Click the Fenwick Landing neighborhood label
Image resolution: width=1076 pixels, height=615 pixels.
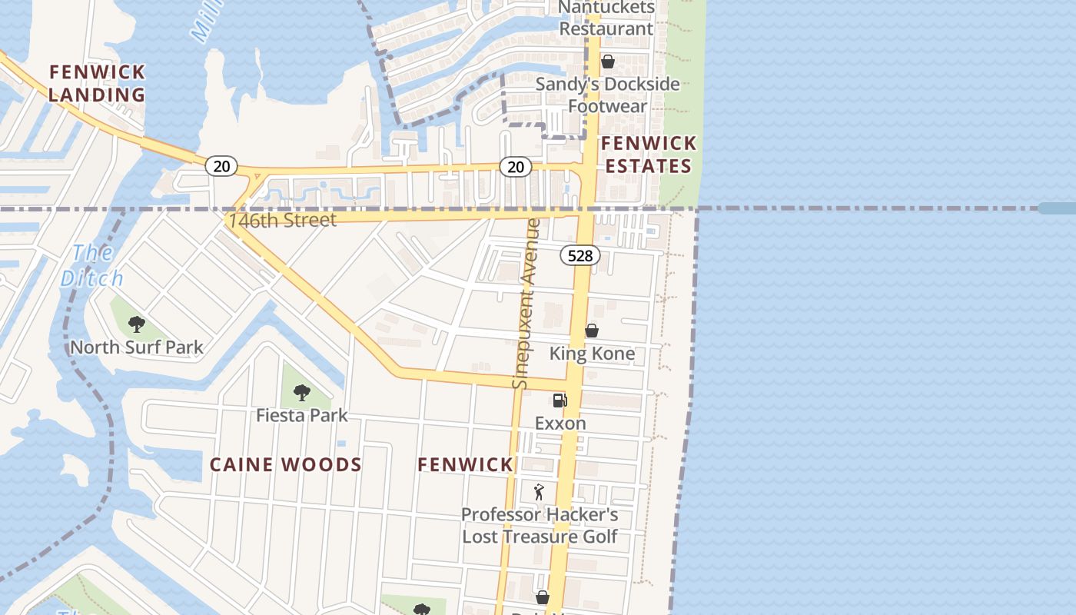97,83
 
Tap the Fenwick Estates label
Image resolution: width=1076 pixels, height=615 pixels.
649,155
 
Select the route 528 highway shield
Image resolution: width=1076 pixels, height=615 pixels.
580,255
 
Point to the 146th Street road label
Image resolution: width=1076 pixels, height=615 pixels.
282,221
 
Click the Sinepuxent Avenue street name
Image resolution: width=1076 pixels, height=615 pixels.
526,304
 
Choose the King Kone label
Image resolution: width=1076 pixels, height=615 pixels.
592,354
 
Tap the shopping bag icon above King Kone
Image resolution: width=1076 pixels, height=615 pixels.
592,331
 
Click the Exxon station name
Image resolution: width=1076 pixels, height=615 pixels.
560,423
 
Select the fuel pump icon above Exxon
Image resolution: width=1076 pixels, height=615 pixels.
560,400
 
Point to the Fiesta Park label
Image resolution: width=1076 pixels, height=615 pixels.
302,415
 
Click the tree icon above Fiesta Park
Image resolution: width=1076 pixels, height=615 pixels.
302,393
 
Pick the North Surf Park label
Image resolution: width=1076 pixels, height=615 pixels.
137,347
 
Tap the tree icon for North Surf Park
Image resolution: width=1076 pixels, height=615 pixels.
137,324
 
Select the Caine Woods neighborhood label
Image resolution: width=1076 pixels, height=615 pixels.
286,464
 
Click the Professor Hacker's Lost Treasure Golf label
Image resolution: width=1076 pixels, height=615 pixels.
540,525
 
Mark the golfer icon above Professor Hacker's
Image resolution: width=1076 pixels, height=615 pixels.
539,491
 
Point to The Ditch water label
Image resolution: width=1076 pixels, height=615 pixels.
92,265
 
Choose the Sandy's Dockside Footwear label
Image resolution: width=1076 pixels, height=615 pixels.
607,95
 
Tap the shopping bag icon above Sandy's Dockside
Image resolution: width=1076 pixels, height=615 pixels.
608,61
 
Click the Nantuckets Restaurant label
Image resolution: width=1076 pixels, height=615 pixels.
606,18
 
